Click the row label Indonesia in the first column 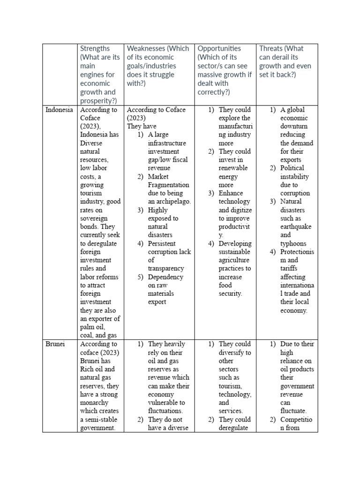(x=59, y=110)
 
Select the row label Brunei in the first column (x=54, y=344)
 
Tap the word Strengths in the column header (x=95, y=49)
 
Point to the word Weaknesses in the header (x=145, y=49)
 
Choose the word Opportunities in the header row (x=219, y=49)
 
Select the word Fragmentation (x=168, y=185)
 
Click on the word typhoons (x=293, y=244)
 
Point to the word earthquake (x=296, y=227)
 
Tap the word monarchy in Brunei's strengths (x=94, y=403)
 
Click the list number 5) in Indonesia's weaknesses (x=141, y=277)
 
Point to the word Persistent (x=162, y=244)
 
